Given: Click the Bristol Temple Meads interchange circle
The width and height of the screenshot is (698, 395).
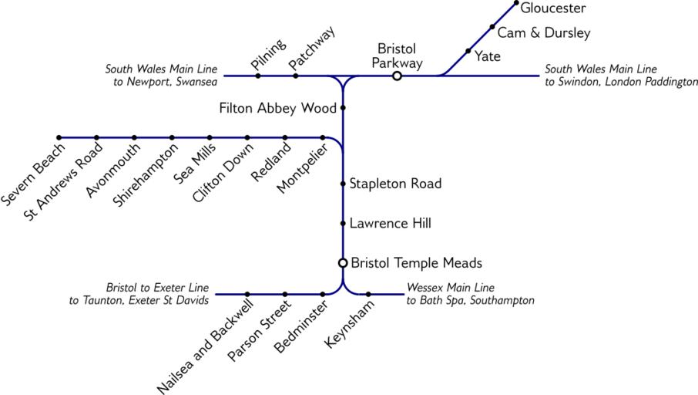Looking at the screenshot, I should click(343, 263).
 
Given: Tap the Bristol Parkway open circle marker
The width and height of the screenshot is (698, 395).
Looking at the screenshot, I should click(397, 76).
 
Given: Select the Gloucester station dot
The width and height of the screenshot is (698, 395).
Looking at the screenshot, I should click(516, 3).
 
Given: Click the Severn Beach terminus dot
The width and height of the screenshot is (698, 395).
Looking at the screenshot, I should click(59, 138).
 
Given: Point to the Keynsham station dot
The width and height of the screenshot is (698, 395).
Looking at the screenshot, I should click(368, 294).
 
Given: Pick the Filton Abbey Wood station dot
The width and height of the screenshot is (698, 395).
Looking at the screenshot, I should click(343, 108).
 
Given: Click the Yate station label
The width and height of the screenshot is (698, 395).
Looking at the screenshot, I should click(488, 56).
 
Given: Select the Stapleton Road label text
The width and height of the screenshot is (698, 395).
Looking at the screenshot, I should click(395, 184).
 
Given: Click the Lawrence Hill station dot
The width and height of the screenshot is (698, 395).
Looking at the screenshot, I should click(343, 224).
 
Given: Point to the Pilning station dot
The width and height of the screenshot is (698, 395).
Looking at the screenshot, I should click(258, 76).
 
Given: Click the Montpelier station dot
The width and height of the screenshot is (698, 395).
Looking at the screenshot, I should click(323, 138).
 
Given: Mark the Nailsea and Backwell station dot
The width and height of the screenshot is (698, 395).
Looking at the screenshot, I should click(247, 294).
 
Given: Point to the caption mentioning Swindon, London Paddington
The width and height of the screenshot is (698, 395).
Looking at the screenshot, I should click(620, 75).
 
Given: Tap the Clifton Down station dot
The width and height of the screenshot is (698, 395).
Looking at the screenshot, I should click(247, 138).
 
